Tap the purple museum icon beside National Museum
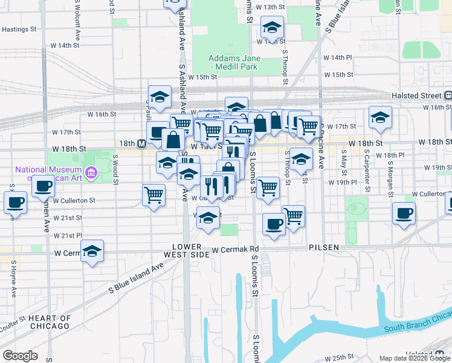point(91,174)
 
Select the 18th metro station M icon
point(141,143)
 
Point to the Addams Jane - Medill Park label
point(234,62)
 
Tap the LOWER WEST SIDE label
point(190,251)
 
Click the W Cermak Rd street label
point(235,249)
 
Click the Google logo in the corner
point(20,356)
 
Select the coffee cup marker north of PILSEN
point(274,224)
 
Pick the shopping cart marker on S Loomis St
point(267,188)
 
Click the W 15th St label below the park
point(202,77)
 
